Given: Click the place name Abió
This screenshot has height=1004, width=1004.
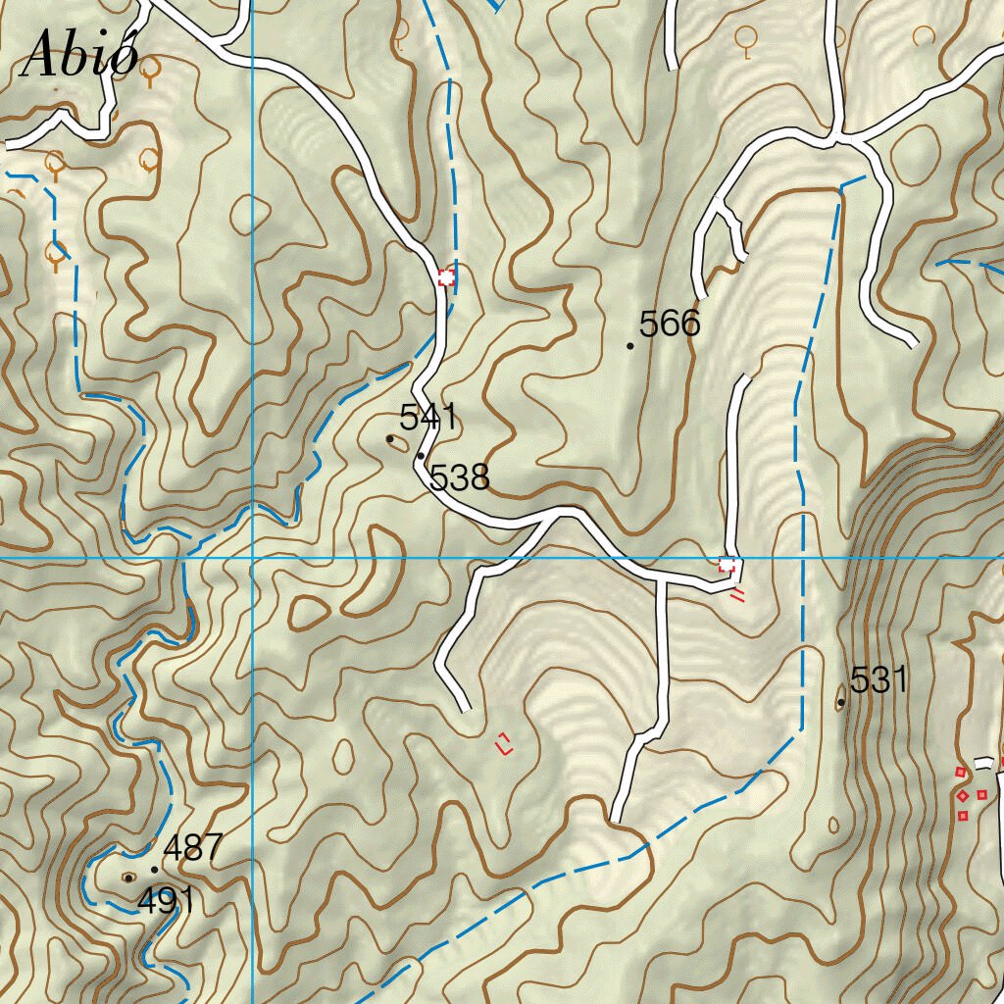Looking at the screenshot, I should coord(80,54).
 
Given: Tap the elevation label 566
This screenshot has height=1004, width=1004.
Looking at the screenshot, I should coord(670,324).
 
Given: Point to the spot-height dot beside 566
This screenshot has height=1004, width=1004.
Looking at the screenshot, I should coord(629,346).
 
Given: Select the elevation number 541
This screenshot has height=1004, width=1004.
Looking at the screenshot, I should coord(428,417).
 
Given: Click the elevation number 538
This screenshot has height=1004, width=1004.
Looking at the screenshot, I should coord(459,478).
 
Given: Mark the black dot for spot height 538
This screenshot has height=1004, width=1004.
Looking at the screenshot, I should coord(421,456).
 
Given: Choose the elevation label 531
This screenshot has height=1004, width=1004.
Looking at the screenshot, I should coord(878,680).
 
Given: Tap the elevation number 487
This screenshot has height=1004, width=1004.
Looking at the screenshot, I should coord(193,848).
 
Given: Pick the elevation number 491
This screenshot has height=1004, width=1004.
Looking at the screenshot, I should coord(166,900).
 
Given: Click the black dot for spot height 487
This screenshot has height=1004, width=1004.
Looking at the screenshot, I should coord(154,870).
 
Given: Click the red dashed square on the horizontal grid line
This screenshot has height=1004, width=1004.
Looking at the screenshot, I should coord(728,564).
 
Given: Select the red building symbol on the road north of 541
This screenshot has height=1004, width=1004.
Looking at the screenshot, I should coord(446,277).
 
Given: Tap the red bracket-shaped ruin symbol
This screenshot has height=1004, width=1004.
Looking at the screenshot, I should coord(505,744).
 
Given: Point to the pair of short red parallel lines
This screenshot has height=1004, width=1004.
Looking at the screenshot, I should coord(737,594).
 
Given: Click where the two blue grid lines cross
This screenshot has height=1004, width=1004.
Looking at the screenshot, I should coord(252,558).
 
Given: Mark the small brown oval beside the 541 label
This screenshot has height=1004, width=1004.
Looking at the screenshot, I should coord(397,441).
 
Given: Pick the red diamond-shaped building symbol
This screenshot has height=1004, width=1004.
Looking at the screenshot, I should coord(964,795).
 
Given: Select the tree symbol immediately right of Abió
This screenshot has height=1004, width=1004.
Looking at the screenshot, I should coord(151,71).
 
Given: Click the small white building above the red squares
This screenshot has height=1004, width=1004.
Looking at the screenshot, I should coord(984,763).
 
